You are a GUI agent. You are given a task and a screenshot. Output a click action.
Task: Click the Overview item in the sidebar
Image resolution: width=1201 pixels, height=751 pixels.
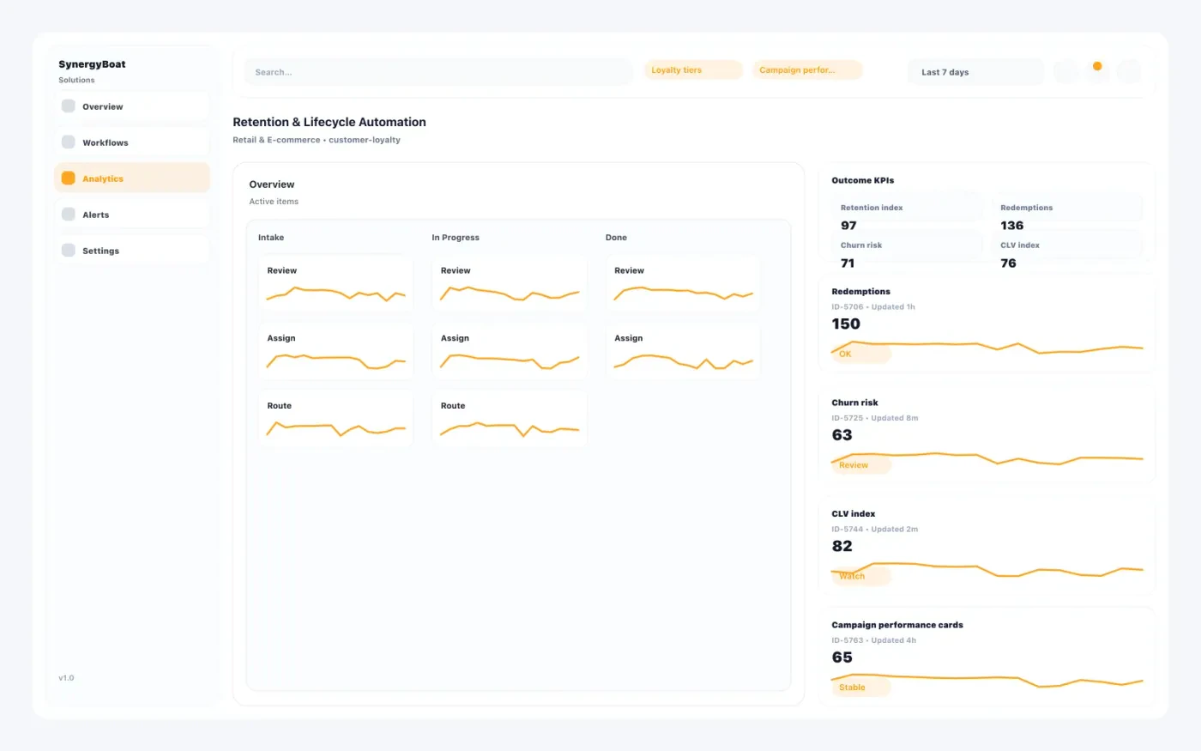click(x=103, y=106)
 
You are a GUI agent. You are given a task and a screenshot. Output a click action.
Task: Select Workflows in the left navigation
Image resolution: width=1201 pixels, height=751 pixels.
click(x=105, y=142)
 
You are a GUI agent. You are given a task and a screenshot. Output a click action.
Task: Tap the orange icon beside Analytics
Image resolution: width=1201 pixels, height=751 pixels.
click(x=69, y=179)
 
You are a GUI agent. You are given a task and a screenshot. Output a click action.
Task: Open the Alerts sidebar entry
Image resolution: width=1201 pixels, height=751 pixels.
click(x=95, y=215)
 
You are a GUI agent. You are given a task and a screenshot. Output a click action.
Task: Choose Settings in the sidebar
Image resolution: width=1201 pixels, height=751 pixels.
click(x=100, y=251)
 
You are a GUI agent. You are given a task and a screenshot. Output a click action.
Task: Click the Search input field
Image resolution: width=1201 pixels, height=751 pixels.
click(x=438, y=72)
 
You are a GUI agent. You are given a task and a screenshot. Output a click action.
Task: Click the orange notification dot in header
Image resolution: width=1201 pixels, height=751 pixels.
click(x=1097, y=66)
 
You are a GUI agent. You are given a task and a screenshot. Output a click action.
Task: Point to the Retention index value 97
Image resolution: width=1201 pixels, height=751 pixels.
click(x=848, y=226)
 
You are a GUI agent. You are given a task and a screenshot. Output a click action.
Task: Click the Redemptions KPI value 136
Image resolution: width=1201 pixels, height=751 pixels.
click(x=1011, y=226)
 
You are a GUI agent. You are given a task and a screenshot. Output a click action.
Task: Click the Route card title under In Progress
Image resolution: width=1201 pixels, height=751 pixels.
click(x=453, y=406)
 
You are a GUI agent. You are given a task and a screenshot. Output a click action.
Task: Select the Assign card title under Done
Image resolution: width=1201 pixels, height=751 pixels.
click(x=628, y=338)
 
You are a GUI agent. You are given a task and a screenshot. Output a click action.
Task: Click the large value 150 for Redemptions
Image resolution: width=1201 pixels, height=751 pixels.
click(x=846, y=324)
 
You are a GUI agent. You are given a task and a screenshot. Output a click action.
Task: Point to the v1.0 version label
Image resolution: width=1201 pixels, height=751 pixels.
click(x=66, y=678)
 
